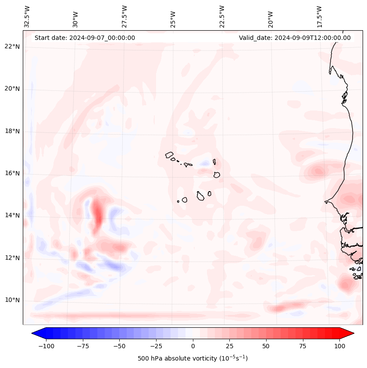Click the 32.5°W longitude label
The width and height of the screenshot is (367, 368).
(27, 17)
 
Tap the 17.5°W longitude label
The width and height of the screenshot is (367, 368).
(320, 17)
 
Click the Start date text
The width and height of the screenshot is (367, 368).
(85, 38)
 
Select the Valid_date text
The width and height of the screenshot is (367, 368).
(295, 38)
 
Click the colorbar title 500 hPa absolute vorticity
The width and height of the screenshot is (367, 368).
(192, 358)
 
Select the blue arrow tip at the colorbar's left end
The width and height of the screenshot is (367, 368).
(36, 333)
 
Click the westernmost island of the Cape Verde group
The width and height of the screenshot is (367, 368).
(169, 155)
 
